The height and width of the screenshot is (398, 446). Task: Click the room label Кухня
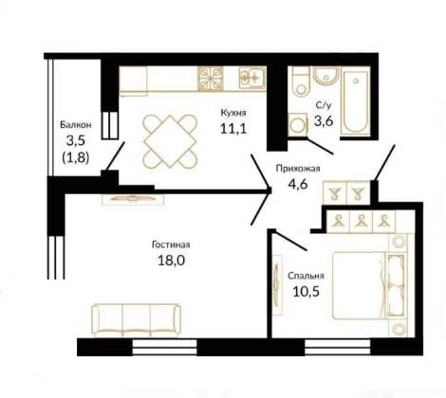(x=233, y=113)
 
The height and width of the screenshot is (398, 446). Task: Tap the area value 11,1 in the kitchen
(x=233, y=129)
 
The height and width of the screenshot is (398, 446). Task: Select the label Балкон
(x=76, y=125)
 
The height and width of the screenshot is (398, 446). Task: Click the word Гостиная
(x=171, y=244)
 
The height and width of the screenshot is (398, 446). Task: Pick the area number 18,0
(x=171, y=261)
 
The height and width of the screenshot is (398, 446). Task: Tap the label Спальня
(x=306, y=276)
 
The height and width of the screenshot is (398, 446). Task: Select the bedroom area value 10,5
(x=306, y=292)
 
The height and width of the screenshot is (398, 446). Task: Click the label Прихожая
(x=298, y=169)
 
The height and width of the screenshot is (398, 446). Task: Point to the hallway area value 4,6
(x=298, y=184)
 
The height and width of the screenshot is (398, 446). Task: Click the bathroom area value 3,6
(x=324, y=120)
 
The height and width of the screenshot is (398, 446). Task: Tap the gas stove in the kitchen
(x=211, y=79)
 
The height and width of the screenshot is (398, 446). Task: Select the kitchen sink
(x=252, y=77)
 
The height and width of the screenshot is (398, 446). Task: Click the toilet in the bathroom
(x=300, y=81)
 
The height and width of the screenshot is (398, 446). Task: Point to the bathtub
(x=356, y=102)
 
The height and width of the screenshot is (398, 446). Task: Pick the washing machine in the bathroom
(x=298, y=125)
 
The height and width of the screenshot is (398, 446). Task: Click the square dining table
(x=171, y=141)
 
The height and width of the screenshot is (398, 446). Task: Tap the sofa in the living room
(x=136, y=320)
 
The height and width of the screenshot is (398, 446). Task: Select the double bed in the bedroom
(x=369, y=286)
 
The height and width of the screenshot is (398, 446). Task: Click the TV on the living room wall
(x=133, y=199)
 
